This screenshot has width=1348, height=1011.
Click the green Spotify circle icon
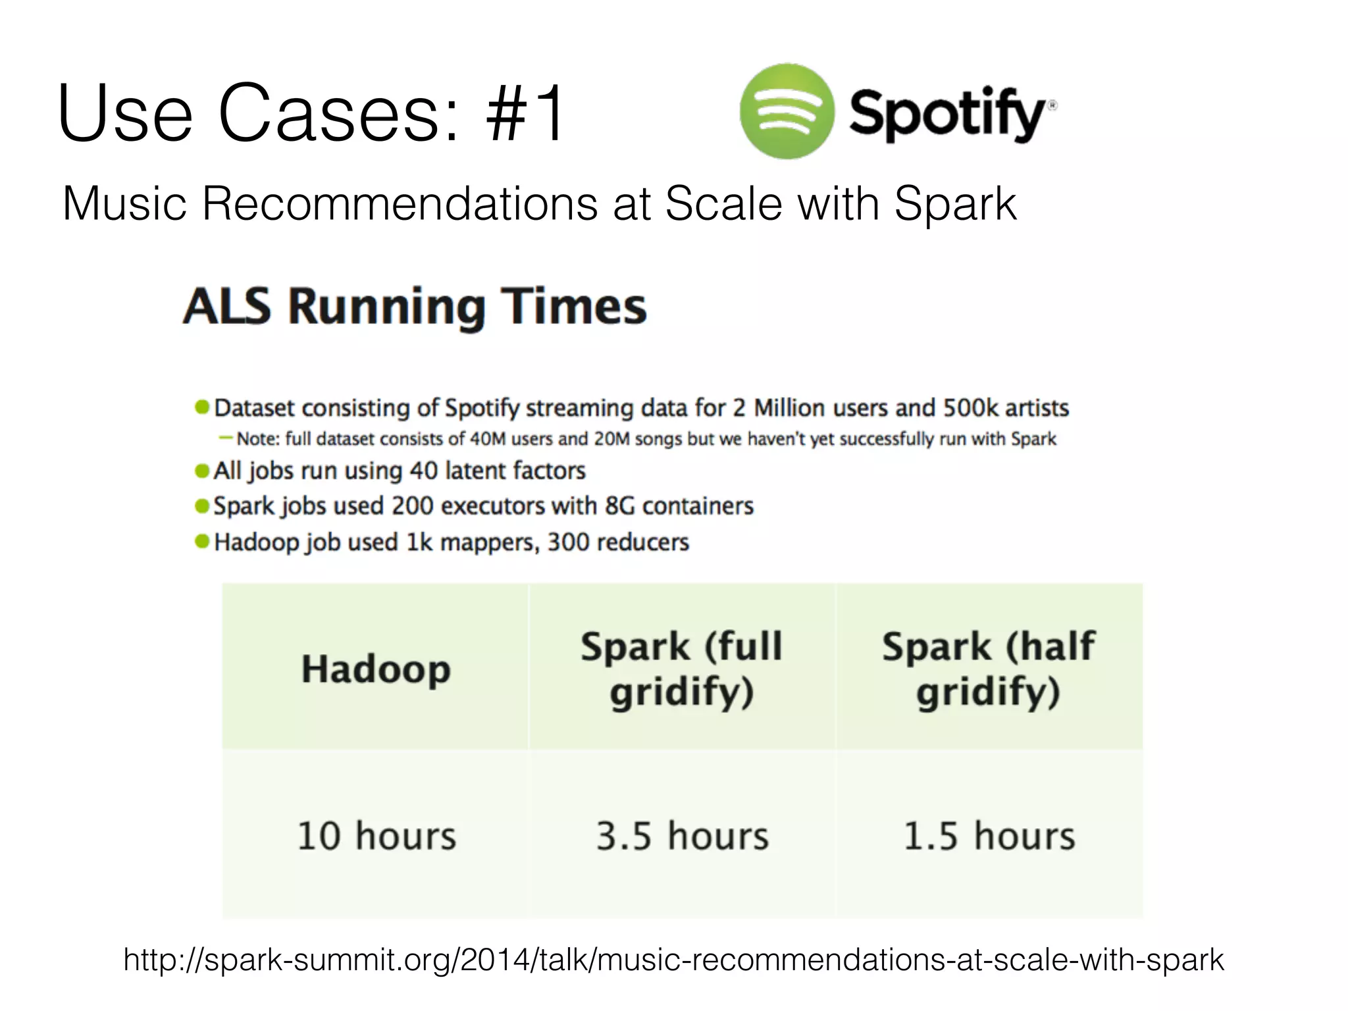787,111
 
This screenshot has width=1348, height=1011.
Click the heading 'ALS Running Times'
415,307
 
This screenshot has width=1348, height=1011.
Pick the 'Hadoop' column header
376,669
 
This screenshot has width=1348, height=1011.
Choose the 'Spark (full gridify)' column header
682,669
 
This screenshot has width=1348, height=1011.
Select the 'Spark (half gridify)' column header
989,669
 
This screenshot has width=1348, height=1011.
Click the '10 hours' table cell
376,836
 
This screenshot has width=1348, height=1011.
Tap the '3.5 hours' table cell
682,836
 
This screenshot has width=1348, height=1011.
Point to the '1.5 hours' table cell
989,836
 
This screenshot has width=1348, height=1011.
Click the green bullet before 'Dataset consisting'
202,407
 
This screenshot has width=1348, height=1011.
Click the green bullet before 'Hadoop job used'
202,542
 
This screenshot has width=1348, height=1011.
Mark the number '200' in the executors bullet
412,506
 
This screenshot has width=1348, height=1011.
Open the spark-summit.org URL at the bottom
673,960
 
